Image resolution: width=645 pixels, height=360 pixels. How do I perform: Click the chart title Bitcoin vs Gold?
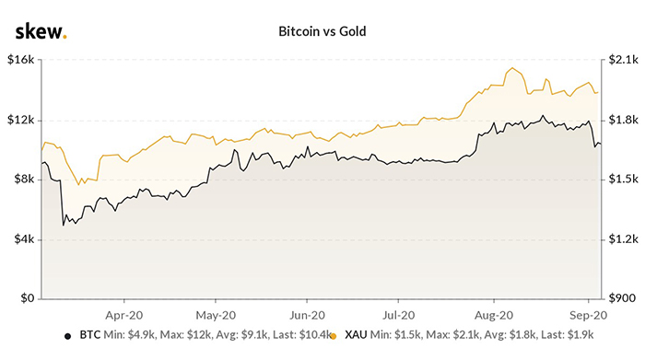pos(322,31)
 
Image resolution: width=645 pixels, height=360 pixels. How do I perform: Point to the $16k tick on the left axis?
pos(20,61)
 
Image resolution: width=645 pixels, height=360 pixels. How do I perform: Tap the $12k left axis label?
pos(20,120)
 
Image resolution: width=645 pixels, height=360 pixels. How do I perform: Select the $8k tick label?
pos(23,180)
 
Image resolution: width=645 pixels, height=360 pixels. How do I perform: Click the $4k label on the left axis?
pos(23,238)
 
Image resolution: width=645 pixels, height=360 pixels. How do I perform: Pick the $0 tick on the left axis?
pos(28,298)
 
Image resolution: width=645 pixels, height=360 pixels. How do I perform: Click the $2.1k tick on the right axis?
pos(620,61)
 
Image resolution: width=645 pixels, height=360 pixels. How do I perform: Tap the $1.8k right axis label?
pos(620,120)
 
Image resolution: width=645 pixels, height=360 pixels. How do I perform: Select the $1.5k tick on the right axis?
pos(620,180)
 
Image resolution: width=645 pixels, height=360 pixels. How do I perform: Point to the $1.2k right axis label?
pos(620,238)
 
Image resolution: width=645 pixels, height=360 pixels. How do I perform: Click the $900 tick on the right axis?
pos(618,298)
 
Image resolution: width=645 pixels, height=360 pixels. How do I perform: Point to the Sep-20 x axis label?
pos(583,313)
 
